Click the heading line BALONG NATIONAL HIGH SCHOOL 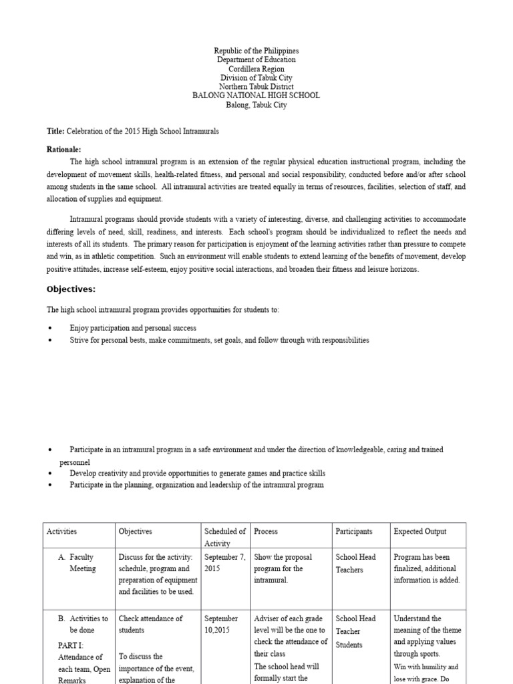pos(256,96)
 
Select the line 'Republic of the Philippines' pos(256,51)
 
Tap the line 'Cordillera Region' pos(256,69)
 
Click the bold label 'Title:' pos(55,132)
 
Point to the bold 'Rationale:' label pos(63,150)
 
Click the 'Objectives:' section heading pos(71,289)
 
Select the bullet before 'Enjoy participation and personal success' pos(51,329)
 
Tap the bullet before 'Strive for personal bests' pos(51,341)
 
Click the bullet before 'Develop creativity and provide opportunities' pos(51,473)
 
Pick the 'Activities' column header pos(61,532)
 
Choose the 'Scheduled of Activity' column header pos(225,538)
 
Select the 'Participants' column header pos(353,532)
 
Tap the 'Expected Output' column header pos(420,532)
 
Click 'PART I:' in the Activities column pos(71,646)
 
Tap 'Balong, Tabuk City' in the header pos(256,105)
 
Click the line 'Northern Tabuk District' pos(256,87)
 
